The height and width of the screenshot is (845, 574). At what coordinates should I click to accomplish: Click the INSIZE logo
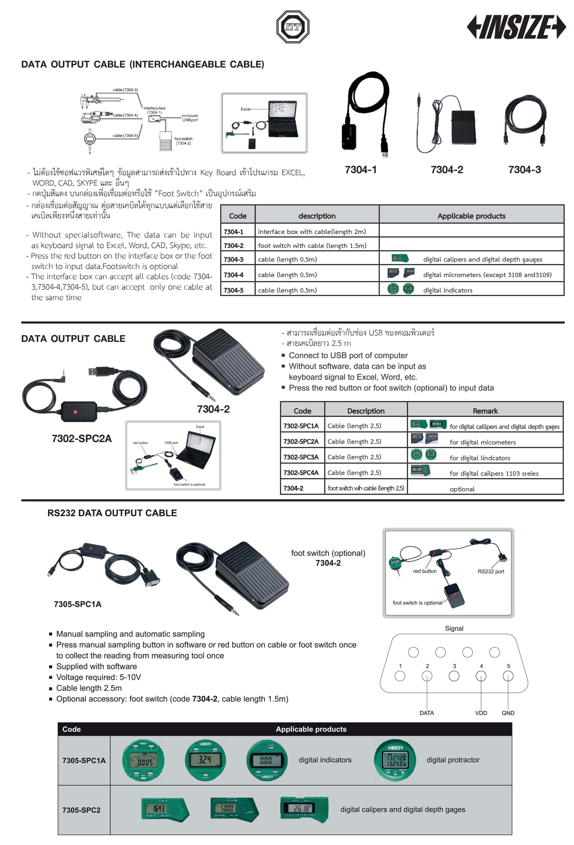pos(516,27)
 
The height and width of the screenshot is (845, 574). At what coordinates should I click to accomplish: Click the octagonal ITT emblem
pos(293,27)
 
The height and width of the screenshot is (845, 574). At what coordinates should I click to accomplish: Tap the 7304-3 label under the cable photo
pos(524,169)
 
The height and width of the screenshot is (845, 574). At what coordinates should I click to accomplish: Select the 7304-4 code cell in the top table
pos(234,275)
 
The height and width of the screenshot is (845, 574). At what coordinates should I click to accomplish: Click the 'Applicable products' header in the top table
pos(471,216)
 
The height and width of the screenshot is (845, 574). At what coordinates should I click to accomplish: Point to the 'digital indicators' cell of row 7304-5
pos(447,290)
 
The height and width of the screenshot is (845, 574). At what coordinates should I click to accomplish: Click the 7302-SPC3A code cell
pos(301,457)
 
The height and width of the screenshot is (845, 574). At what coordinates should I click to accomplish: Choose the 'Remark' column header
pos(485,411)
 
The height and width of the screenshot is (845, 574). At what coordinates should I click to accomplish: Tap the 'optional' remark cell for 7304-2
pos(462,489)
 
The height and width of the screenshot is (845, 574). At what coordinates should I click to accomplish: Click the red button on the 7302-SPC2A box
pos(75,412)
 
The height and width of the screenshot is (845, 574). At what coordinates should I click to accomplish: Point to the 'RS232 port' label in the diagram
pos(491,572)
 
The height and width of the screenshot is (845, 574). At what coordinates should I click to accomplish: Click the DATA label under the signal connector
pos(426,713)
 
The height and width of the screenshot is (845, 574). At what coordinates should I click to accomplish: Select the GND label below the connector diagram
pos(508,713)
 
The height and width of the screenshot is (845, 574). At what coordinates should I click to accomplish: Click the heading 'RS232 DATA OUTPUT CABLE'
pos(112,513)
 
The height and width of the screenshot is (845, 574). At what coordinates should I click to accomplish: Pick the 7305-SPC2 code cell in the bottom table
pos(81,810)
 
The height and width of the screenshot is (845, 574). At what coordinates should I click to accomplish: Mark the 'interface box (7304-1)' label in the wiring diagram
pos(154,110)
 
